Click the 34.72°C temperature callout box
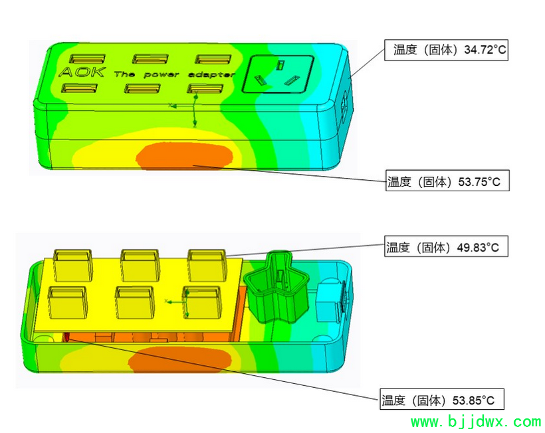tap(446, 50)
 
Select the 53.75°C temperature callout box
tap(447, 181)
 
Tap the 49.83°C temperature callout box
tap(446, 246)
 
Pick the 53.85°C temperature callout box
tap(442, 399)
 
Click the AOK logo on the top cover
tap(82, 72)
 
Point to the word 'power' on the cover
tap(162, 74)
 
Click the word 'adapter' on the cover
tap(211, 74)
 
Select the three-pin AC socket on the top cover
tap(278, 74)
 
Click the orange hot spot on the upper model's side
tap(184, 156)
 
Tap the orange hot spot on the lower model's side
tap(179, 359)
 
